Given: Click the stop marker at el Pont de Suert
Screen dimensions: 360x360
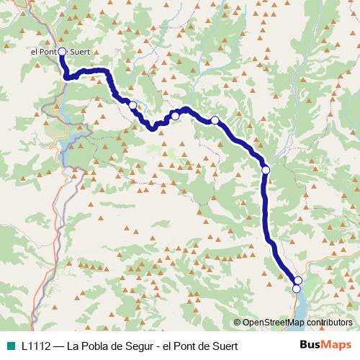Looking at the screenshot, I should point(62,51).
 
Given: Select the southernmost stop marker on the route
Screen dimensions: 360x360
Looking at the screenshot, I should point(296,289).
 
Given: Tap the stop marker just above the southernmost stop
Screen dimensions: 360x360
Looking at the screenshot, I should point(298,280).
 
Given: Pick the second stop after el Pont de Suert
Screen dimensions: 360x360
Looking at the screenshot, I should point(132,105).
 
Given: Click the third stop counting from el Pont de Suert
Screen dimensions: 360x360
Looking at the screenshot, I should point(175,116).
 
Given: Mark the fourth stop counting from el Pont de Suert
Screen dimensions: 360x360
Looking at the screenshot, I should point(215,120).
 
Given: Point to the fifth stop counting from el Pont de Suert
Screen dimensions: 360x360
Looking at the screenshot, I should point(266,170).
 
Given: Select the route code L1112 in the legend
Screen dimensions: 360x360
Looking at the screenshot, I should point(36,345).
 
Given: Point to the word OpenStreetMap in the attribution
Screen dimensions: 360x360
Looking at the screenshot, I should point(273,323).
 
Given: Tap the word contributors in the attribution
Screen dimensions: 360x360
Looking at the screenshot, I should point(329,323).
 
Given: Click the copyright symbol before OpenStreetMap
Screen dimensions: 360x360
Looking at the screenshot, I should point(237,323).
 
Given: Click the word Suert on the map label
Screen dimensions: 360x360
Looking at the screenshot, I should point(80,52).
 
